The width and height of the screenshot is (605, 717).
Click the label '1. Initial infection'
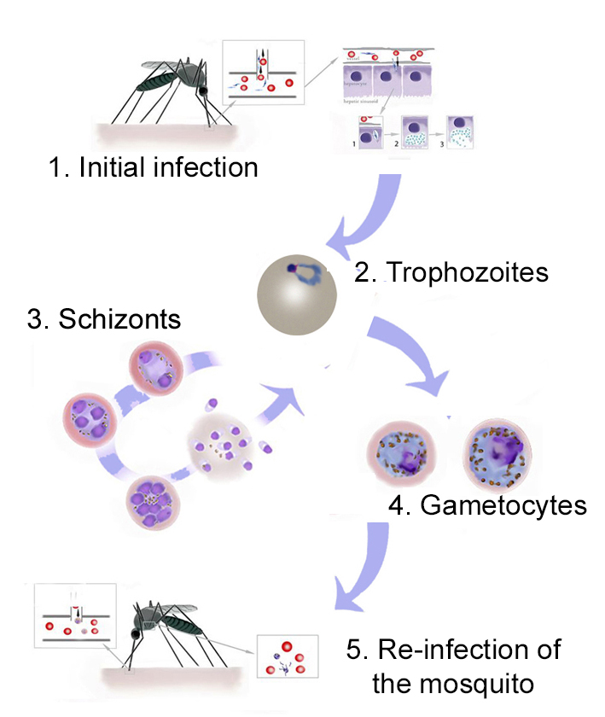(153, 166)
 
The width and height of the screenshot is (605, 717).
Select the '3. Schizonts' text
(104, 320)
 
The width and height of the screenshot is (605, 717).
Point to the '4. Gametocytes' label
(487, 504)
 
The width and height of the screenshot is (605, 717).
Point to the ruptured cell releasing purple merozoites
(223, 444)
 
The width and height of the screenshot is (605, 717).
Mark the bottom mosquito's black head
(135, 635)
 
